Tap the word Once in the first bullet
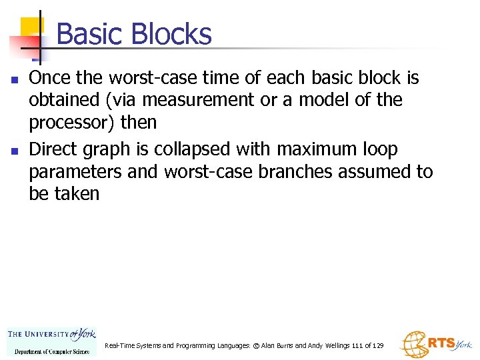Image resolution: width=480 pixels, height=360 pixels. click(50, 78)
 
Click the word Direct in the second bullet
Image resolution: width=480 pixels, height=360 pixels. click(54, 149)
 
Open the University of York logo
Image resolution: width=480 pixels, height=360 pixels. click(51, 341)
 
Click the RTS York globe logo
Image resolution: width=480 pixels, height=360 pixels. click(435, 344)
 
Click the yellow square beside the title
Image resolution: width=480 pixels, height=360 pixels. click(31, 27)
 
